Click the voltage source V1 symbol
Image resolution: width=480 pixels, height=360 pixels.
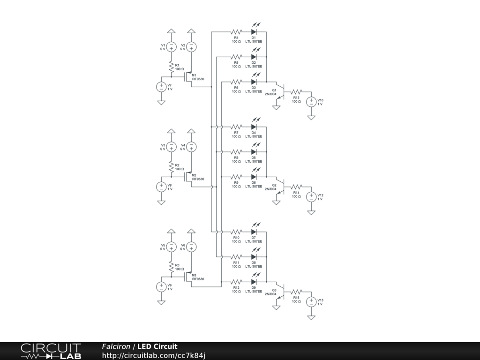pos(172,46)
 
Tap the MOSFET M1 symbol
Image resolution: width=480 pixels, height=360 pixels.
pos(188,77)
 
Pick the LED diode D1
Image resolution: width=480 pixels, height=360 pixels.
pos(254,32)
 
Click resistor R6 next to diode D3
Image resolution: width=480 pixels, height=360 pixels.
pos(236,82)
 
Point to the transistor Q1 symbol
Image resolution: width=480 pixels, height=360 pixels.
pos(279,91)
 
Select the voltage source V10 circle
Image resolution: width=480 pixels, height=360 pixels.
pos(311,101)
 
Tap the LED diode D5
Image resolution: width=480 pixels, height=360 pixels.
pos(254,152)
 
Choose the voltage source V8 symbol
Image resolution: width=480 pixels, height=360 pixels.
pos(161,187)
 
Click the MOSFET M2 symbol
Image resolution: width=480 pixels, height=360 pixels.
pos(188,177)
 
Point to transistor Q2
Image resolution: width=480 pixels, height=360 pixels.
pos(279,186)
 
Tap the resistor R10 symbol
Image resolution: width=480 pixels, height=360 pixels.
pos(236,232)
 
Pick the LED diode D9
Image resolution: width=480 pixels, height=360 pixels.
pos(254,282)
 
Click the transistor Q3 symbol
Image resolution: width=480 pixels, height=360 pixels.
pos(279,291)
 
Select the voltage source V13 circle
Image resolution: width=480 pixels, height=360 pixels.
pos(311,302)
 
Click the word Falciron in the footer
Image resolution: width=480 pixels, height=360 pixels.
pos(116,347)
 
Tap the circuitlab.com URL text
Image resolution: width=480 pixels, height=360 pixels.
pos(154,355)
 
